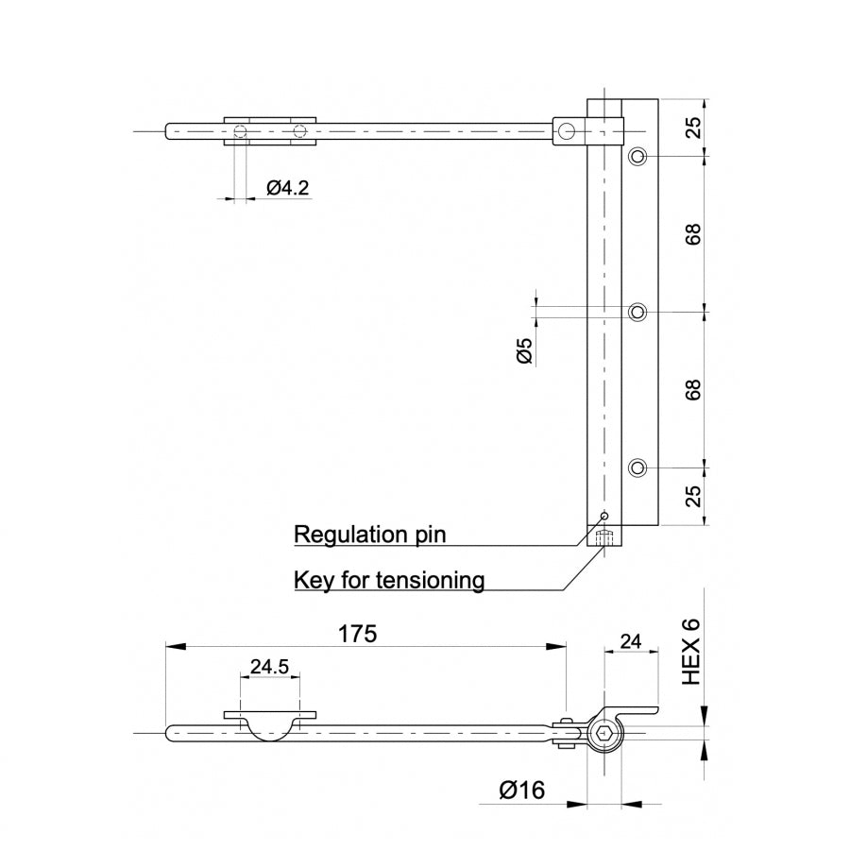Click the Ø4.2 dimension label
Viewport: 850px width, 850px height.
(x=287, y=188)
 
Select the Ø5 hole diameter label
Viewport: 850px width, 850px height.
(x=525, y=350)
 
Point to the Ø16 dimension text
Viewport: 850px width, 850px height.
(x=522, y=790)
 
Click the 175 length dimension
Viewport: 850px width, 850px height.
(x=357, y=634)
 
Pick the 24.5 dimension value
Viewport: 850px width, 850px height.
(x=269, y=666)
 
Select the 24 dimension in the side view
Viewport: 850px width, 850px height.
(x=629, y=642)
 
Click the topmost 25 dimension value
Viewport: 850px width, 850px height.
(x=694, y=127)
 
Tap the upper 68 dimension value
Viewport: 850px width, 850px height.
(x=694, y=234)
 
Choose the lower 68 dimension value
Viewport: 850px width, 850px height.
(x=694, y=389)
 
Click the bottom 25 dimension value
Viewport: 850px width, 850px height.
(x=694, y=497)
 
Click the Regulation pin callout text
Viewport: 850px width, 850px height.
(x=369, y=535)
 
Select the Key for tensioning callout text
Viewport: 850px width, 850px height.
(x=389, y=579)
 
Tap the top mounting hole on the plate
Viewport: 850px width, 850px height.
(x=639, y=156)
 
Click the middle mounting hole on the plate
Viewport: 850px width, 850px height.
(x=639, y=312)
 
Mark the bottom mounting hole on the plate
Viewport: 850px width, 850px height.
(x=639, y=467)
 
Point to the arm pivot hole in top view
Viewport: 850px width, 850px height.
(x=566, y=131)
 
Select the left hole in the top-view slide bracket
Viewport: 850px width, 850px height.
(x=241, y=131)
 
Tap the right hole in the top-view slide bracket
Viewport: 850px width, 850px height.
(x=299, y=131)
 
